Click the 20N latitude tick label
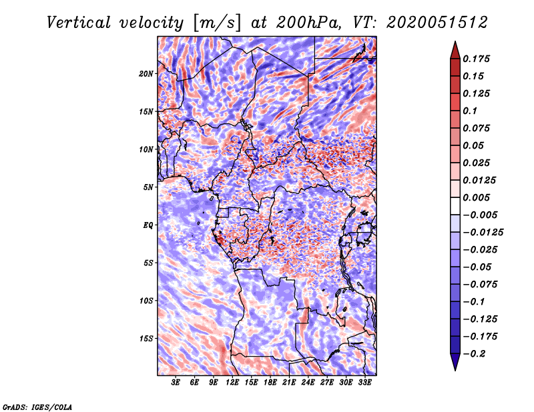pos(146,74)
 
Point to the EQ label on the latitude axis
pos(148,225)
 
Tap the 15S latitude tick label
pos(146,339)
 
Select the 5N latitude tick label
pos(148,187)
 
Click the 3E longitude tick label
pos(176,383)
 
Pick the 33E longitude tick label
pos(364,383)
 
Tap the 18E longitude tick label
pos(270,383)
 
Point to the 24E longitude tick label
pos(308,383)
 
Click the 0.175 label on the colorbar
pos(476,59)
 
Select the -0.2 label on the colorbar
pos(474,354)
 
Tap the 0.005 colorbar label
pos(476,197)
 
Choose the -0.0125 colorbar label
pos(483,233)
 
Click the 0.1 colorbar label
pos(470,111)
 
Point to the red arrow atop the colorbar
pos(455,50)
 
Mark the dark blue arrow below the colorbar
pos(455,362)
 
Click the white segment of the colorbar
pos(455,206)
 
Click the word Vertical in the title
pos(79,23)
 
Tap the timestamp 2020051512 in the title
pos(437,23)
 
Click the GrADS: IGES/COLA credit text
pos(37,407)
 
